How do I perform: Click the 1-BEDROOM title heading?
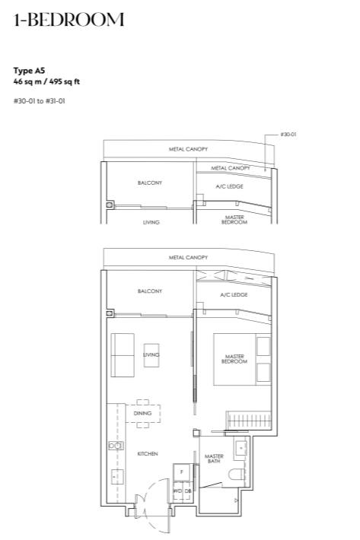pos(68,20)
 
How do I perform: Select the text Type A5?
pos(29,71)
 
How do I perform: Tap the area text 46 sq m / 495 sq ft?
pos(46,81)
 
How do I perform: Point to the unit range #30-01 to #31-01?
pos(40,101)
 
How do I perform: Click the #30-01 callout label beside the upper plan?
pos(288,135)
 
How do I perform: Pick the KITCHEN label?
pos(148,454)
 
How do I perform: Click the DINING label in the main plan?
pos(142,413)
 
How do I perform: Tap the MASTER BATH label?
pos(214,459)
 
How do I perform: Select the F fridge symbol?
pos(182,472)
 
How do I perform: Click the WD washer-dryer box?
pos(177,491)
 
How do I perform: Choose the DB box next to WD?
pos(188,491)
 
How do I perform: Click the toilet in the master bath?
pos(237,474)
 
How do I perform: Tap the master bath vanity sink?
pos(241,448)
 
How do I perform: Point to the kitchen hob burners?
pos(116,446)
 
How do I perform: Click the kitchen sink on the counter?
pos(117,477)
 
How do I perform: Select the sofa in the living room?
pos(123,355)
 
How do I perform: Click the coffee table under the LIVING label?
pos(151,355)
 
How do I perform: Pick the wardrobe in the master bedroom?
pos(249,420)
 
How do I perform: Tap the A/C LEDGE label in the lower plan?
pos(234,295)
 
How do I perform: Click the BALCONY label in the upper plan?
pos(150,183)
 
